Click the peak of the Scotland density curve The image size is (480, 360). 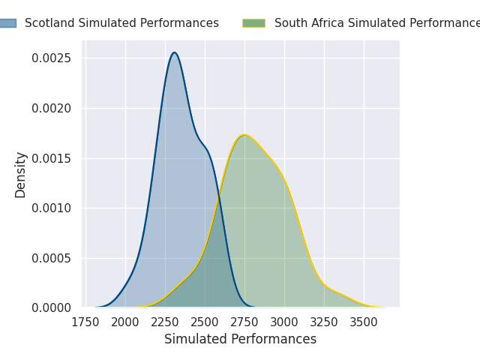pyautogui.click(x=174, y=52)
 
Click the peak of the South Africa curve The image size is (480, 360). pyautogui.click(x=244, y=135)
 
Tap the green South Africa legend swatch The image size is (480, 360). pyautogui.click(x=253, y=23)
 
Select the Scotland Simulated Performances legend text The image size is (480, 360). pyautogui.click(x=121, y=23)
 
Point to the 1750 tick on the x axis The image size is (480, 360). pyautogui.click(x=85, y=323)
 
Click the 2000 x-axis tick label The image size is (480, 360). pyautogui.click(x=125, y=323)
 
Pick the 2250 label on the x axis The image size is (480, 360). pyautogui.click(x=165, y=323)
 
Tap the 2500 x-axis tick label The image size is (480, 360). pyautogui.click(x=205, y=323)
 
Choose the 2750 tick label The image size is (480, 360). pyautogui.click(x=244, y=323)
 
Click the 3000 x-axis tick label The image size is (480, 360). pyautogui.click(x=284, y=323)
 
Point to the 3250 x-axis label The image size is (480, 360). pyautogui.click(x=324, y=323)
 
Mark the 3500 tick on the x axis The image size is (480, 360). pyautogui.click(x=364, y=323)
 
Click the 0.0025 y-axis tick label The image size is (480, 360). pyautogui.click(x=51, y=58)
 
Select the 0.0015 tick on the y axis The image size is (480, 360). pyautogui.click(x=51, y=158)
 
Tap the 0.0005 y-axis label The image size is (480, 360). pyautogui.click(x=51, y=258)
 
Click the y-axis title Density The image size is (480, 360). pyautogui.click(x=21, y=175)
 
